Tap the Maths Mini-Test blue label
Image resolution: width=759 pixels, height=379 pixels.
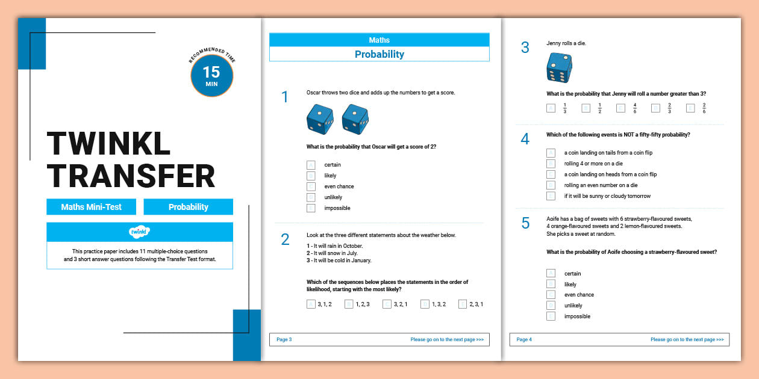(x=91, y=207)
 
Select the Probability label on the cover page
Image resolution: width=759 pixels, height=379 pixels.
(x=188, y=207)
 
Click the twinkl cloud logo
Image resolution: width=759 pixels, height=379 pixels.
(x=139, y=232)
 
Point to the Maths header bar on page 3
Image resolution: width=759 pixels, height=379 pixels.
(x=379, y=40)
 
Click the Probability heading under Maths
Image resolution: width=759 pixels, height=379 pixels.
(x=379, y=54)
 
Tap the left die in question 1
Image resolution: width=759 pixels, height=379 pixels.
(x=320, y=119)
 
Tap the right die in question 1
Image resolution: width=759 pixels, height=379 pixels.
(x=355, y=119)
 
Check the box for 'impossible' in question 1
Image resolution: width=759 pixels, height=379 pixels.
(x=311, y=208)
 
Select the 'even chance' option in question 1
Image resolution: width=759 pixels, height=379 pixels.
(x=311, y=186)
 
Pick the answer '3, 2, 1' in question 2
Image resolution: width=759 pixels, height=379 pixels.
(x=387, y=304)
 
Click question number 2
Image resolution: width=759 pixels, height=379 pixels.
(x=285, y=239)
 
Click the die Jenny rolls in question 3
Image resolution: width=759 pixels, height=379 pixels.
(x=559, y=67)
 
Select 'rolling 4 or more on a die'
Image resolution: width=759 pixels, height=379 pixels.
(x=551, y=164)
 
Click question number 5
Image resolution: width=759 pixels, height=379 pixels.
(x=525, y=223)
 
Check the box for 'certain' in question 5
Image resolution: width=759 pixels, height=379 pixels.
(x=551, y=274)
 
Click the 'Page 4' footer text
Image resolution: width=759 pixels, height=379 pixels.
(x=524, y=339)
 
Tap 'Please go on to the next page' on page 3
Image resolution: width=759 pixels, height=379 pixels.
(x=447, y=339)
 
